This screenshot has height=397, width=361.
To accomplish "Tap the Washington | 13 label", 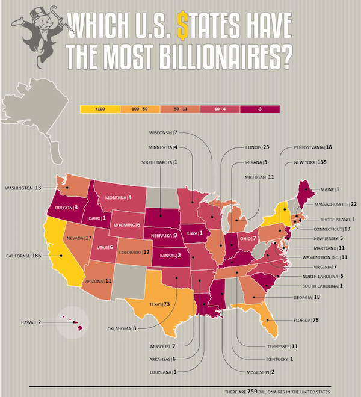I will pos(23,188).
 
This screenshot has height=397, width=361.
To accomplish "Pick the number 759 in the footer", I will pos(253,392).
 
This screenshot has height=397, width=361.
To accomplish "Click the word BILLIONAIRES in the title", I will pos(205,57).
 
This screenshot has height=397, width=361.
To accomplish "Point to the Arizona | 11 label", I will pos(99,281).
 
